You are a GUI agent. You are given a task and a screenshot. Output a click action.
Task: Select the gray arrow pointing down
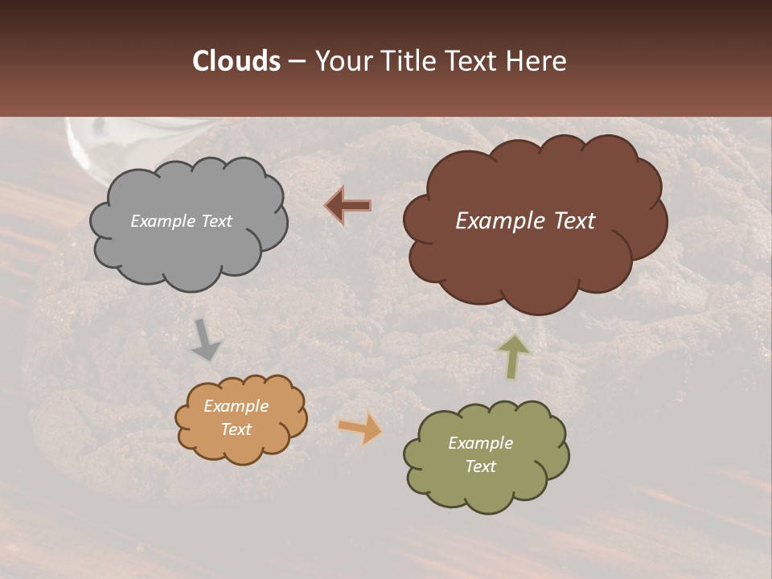pos(205,339)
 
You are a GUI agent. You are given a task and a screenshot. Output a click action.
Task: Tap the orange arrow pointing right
pos(359,428)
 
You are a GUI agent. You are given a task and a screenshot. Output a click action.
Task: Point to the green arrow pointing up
pos(514,355)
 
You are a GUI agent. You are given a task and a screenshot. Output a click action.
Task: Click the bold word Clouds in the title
pos(236,61)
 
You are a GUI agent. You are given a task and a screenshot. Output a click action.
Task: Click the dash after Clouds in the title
pos(296,61)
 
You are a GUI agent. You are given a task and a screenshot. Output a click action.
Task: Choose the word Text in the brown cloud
pos(569,221)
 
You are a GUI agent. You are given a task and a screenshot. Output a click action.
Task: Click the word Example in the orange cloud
pos(236,406)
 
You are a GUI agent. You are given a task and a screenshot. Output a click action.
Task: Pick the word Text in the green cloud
pos(480,466)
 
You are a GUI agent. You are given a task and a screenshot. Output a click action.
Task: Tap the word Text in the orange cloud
pos(236,429)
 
